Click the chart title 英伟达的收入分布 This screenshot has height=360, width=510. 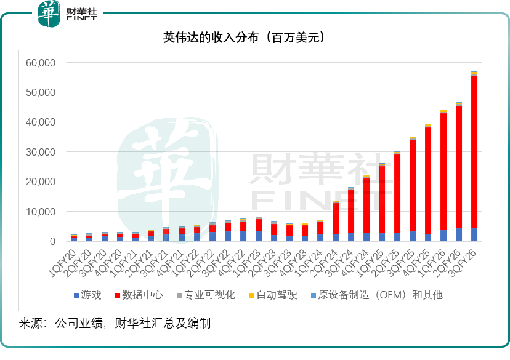[x=243, y=38]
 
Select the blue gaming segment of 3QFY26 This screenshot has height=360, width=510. [x=474, y=235]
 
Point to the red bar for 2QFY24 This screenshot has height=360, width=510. [x=336, y=218]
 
